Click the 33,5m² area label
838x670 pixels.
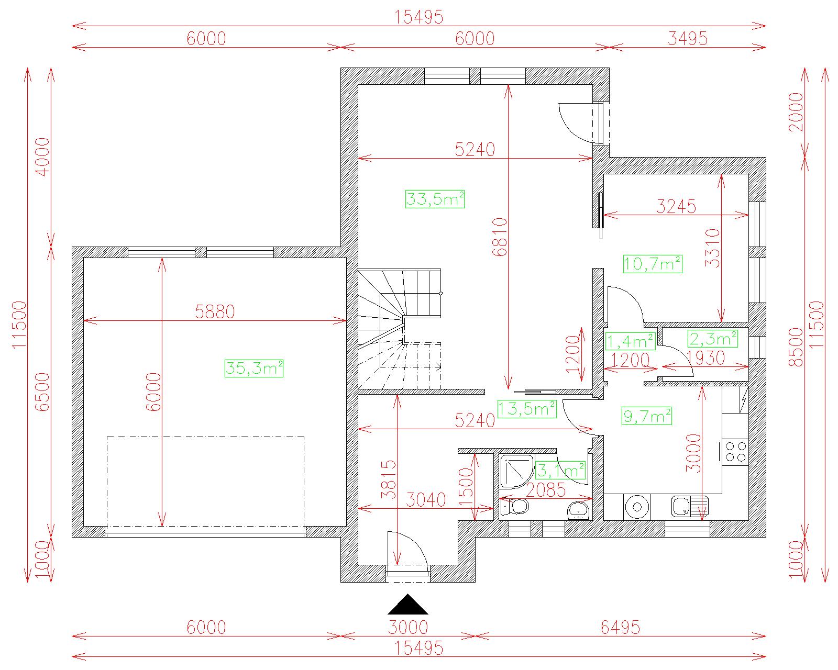pos(435,199)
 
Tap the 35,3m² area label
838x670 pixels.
pos(254,368)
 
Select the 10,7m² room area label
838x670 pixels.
pos(653,264)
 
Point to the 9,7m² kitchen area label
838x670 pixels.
pos(647,416)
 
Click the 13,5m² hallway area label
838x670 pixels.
pos(527,409)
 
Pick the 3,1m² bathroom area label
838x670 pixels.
pos(560,471)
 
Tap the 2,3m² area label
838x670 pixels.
pos(713,339)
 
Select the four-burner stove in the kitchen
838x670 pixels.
pos(735,452)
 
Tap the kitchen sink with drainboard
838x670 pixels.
pos(690,507)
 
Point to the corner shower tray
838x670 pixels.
pos(517,471)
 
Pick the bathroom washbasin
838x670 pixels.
pos(579,510)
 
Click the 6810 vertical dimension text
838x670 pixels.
pos(500,237)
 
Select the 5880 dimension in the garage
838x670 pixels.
pos(215,311)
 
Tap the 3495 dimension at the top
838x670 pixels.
pos(687,38)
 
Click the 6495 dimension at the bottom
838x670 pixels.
pos(620,627)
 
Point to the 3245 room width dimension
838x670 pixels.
pos(676,206)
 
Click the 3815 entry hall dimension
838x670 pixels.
pos(389,479)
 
